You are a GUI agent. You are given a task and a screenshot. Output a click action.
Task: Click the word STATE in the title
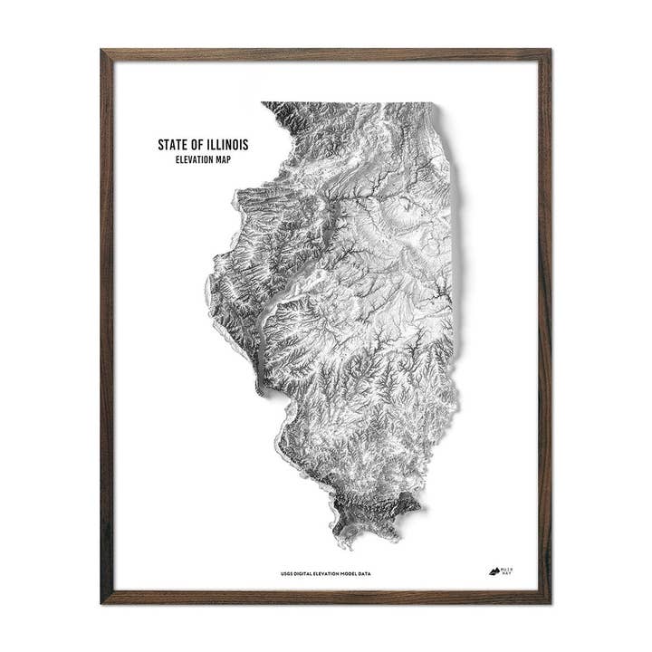coord(173,145)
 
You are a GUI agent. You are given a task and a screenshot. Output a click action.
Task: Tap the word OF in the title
coord(199,145)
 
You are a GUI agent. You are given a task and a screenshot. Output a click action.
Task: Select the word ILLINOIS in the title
coord(229,145)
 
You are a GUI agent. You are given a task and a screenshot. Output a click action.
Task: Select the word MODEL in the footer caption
coord(358,572)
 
